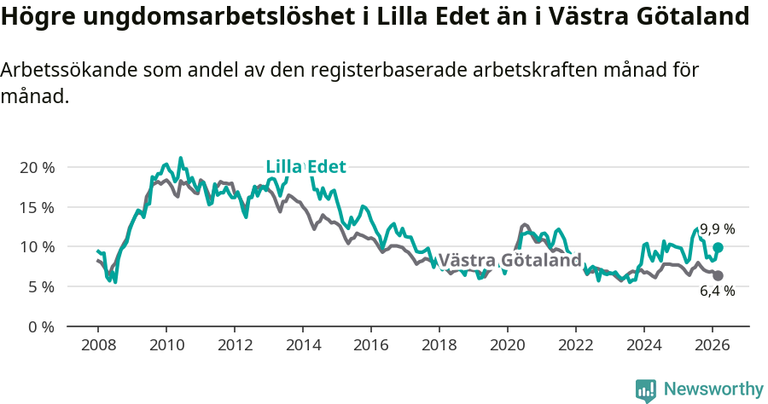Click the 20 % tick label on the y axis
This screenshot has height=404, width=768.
pyautogui.click(x=37, y=167)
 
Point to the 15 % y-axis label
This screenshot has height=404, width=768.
pyautogui.click(x=37, y=207)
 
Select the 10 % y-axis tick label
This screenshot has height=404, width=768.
pyautogui.click(x=37, y=247)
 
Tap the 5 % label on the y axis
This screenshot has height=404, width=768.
pyautogui.click(x=40, y=287)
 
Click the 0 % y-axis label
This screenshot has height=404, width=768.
pyautogui.click(x=40, y=326)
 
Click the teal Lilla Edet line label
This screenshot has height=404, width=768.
pyautogui.click(x=305, y=167)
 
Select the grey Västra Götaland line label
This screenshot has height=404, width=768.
pyautogui.click(x=509, y=260)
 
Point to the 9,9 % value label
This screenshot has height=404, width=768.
pyautogui.click(x=717, y=229)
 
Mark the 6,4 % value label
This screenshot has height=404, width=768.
pyautogui.click(x=717, y=291)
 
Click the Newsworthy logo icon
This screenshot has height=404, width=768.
pyautogui.click(x=646, y=390)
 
